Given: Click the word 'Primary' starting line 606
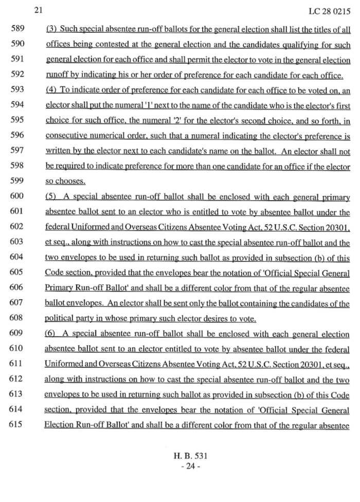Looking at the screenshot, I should pyautogui.click(x=59, y=289).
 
